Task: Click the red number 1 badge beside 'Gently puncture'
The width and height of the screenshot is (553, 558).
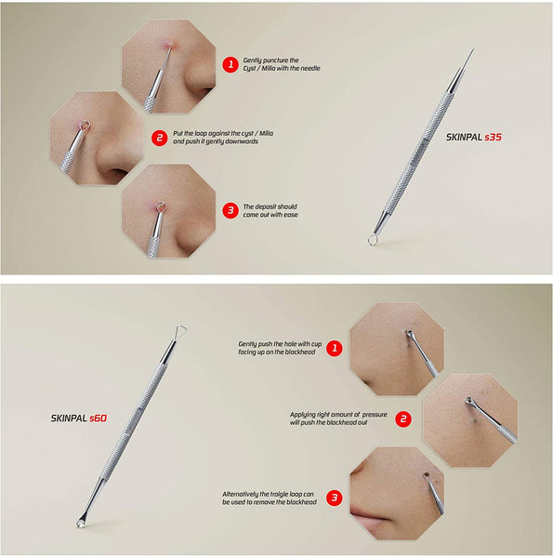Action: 230,64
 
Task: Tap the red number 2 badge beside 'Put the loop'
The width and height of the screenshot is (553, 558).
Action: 160,138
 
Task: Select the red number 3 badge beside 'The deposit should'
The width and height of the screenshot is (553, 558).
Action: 230,210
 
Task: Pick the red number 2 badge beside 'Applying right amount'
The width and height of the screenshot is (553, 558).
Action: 403,418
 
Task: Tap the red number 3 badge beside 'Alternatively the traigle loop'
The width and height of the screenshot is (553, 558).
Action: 334,498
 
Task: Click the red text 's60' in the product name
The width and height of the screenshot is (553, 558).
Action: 98,418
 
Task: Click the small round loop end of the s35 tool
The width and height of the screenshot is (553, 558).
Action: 372,240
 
